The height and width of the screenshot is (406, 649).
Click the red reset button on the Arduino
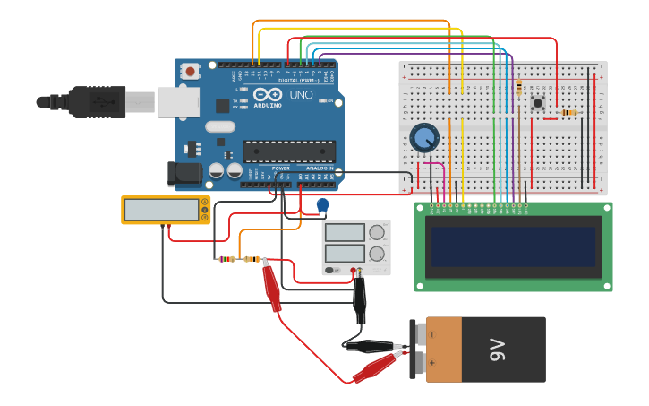[191, 71]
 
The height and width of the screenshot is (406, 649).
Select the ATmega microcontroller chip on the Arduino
[289, 151]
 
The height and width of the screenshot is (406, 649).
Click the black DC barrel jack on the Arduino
[184, 174]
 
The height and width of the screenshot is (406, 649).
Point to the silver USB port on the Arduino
[178, 102]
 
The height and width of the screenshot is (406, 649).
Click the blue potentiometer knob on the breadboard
[424, 138]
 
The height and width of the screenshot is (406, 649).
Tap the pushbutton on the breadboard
[537, 103]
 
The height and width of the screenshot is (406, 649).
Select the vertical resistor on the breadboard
[518, 88]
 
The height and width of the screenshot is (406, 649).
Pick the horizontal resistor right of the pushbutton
[568, 112]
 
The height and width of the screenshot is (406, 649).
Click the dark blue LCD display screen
[513, 251]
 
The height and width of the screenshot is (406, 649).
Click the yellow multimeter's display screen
[162, 210]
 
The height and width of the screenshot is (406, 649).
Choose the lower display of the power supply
[345, 254]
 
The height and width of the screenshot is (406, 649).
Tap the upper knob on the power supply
[377, 232]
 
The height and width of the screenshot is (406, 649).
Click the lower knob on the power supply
[377, 255]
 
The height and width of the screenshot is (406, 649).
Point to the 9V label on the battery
[499, 350]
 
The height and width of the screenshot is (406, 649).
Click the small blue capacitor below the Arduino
[322, 205]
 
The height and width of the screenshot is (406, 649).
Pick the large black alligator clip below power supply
[360, 300]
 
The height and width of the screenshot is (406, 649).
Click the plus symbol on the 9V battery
[432, 363]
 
